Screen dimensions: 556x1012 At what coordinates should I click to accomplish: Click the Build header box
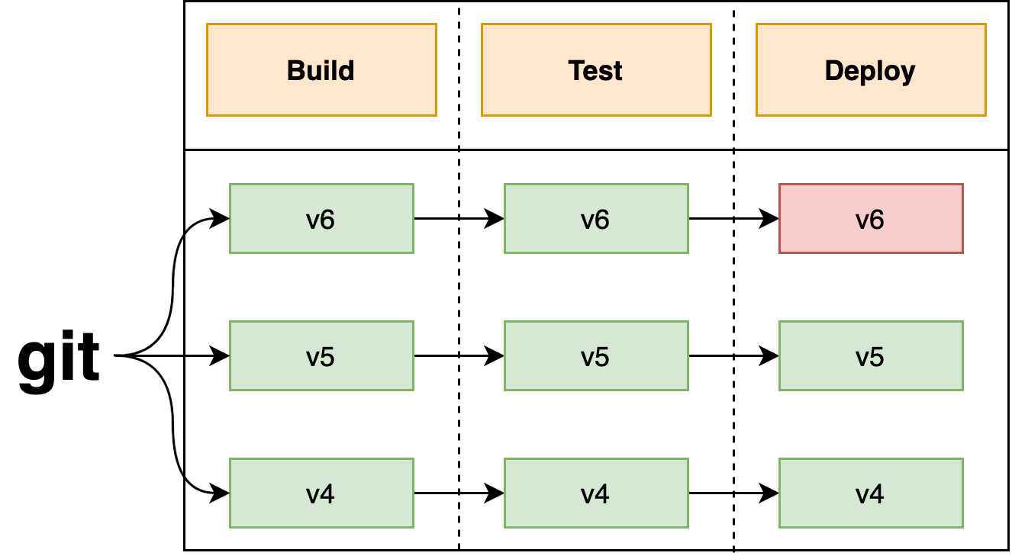pyautogui.click(x=321, y=70)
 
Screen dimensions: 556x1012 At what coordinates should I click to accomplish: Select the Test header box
pyautogui.click(x=596, y=70)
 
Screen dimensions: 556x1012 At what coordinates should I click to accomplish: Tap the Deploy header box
pyautogui.click(x=871, y=70)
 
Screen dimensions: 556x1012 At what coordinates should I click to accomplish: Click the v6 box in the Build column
pyautogui.click(x=321, y=219)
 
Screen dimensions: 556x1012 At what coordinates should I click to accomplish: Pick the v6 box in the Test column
pyautogui.click(x=596, y=219)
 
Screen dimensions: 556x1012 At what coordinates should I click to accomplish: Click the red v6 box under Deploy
pyautogui.click(x=871, y=219)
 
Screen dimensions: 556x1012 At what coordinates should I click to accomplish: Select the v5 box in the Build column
pyautogui.click(x=321, y=356)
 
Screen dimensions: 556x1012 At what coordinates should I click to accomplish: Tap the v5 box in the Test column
pyautogui.click(x=596, y=356)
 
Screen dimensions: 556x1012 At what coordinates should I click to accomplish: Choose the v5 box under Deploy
pyautogui.click(x=871, y=356)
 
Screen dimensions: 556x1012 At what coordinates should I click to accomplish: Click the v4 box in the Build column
pyautogui.click(x=321, y=493)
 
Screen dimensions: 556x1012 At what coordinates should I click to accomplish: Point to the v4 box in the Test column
pyautogui.click(x=596, y=493)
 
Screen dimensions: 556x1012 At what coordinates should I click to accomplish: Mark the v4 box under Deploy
pyautogui.click(x=871, y=493)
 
